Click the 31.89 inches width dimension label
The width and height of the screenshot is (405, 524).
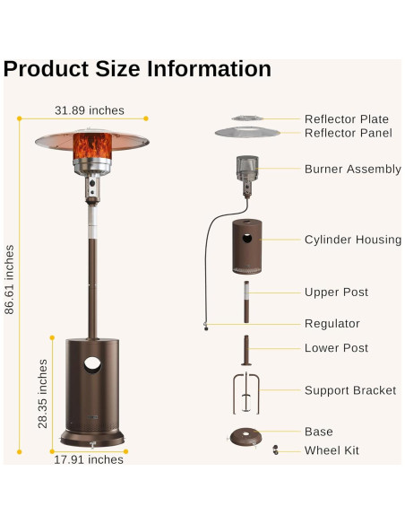89,110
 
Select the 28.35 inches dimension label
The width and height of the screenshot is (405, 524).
43,393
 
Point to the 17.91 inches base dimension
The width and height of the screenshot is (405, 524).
88,459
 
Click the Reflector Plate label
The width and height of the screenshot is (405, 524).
346,119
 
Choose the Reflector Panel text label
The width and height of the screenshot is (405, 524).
348,134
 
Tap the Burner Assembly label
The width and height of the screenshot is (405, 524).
352,169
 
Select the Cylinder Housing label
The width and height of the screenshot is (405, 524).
353,240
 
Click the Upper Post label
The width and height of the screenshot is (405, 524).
336,293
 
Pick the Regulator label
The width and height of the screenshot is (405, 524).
332,324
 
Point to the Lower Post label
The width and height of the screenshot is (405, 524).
336,348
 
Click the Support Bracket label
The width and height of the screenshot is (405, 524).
349,390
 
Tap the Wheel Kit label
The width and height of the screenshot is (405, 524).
332,450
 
